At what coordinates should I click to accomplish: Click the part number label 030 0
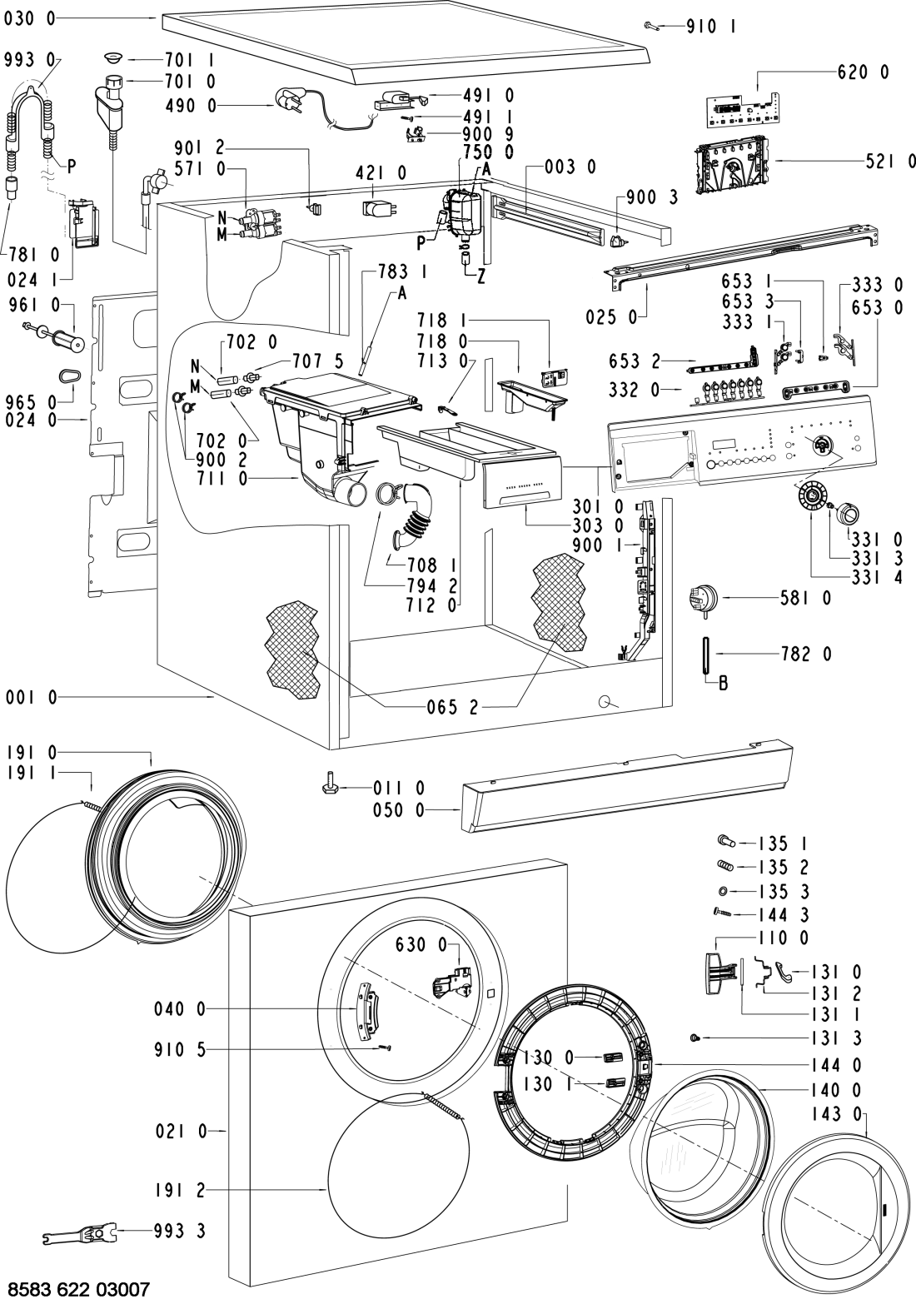click(x=29, y=18)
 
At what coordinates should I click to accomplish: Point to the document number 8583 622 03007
click(x=81, y=1287)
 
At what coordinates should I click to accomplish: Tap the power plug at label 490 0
click(x=285, y=104)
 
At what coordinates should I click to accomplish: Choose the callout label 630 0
click(x=424, y=944)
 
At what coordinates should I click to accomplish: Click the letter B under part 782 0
click(x=723, y=684)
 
